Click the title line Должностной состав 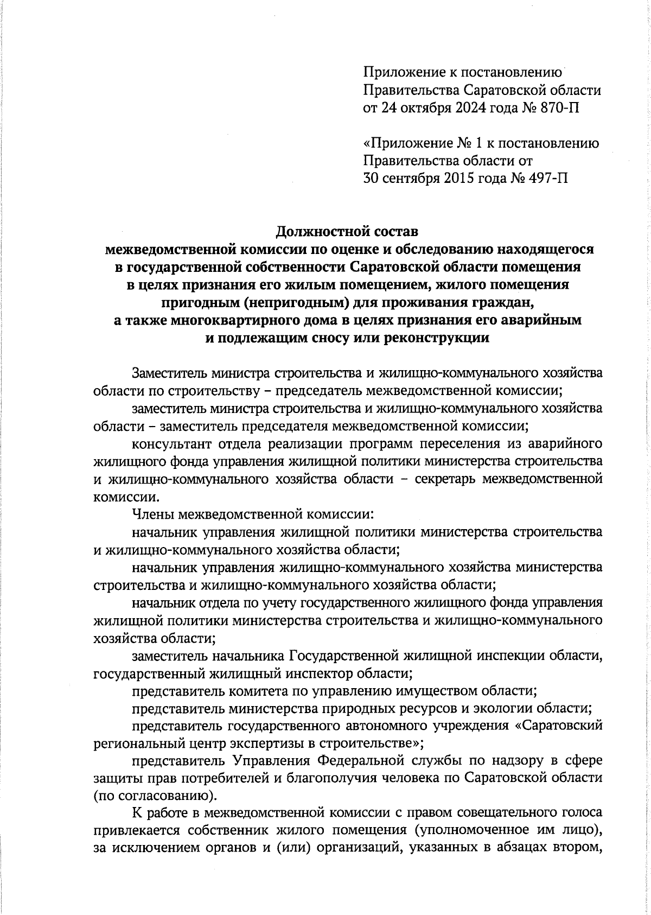point(347,232)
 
